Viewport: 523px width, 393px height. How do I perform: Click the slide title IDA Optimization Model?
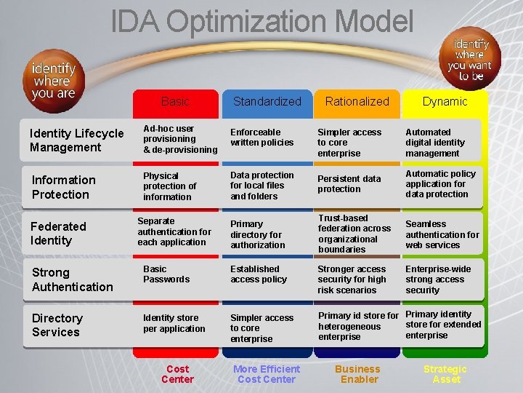(x=262, y=21)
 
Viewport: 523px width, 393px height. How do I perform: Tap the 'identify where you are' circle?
(x=53, y=79)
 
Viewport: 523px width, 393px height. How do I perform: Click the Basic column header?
(x=175, y=102)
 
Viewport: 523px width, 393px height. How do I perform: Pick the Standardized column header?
(x=267, y=102)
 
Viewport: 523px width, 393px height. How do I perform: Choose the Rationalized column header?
(x=357, y=102)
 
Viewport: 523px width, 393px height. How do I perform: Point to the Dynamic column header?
(x=445, y=102)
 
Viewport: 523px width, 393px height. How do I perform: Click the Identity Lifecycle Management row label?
(x=76, y=140)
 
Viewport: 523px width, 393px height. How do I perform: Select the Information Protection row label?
(x=63, y=187)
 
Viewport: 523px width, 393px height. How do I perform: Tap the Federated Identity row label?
(x=58, y=234)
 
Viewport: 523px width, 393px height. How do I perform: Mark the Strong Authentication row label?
(x=72, y=279)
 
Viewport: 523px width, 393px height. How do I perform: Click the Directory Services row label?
(x=57, y=325)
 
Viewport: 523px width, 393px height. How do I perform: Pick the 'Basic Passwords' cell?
(x=166, y=274)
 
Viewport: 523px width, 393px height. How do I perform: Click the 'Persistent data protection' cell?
(x=349, y=184)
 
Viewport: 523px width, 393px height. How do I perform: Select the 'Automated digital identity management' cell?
(x=434, y=143)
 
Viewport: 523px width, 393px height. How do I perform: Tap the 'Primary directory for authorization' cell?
(x=256, y=235)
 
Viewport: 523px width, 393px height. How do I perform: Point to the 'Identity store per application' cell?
(x=174, y=323)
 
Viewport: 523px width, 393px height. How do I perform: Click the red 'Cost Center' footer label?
(x=177, y=374)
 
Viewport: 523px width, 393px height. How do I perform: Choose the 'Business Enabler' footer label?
(x=357, y=374)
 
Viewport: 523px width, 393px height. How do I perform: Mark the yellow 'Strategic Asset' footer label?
(x=445, y=374)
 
